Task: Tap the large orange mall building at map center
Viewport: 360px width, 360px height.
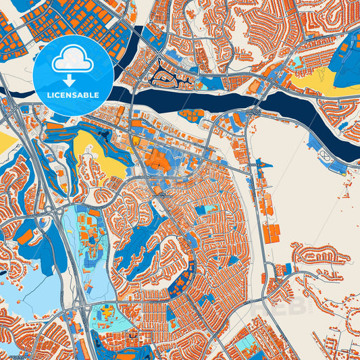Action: (156, 161)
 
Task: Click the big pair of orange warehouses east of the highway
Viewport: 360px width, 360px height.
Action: (271, 233)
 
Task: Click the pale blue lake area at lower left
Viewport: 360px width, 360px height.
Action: (20, 290)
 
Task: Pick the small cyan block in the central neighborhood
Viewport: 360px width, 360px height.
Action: (201, 210)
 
